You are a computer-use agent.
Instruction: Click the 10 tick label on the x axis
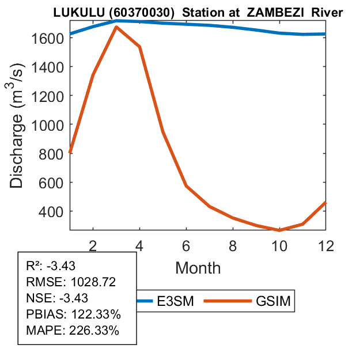pos(279,245)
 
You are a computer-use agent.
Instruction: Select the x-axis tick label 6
pos(187,245)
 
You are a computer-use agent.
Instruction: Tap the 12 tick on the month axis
pos(325,245)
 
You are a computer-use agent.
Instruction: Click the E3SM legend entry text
pos(175,301)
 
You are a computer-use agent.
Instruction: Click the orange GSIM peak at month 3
pos(116,27)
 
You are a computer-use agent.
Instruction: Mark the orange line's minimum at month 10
pos(279,230)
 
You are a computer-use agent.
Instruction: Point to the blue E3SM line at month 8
pos(233,28)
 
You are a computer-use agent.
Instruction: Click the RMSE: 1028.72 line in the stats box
pos(71,282)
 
